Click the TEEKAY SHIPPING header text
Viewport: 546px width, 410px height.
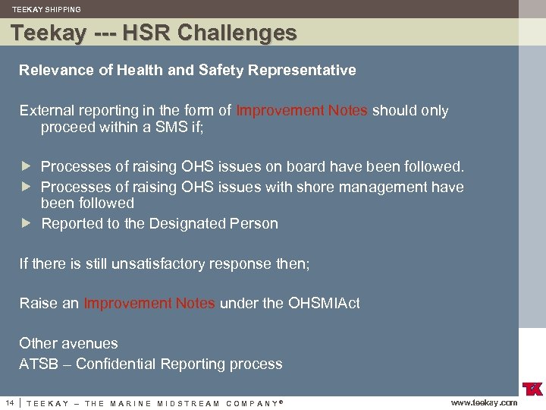coord(46,10)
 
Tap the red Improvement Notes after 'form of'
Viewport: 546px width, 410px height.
coord(302,111)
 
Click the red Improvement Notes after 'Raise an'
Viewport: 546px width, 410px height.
coord(149,304)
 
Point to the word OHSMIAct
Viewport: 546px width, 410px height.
coord(324,304)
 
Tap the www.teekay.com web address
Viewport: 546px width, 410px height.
coord(484,402)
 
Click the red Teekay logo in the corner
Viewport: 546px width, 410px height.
coord(532,389)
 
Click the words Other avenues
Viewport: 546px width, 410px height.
coord(68,344)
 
